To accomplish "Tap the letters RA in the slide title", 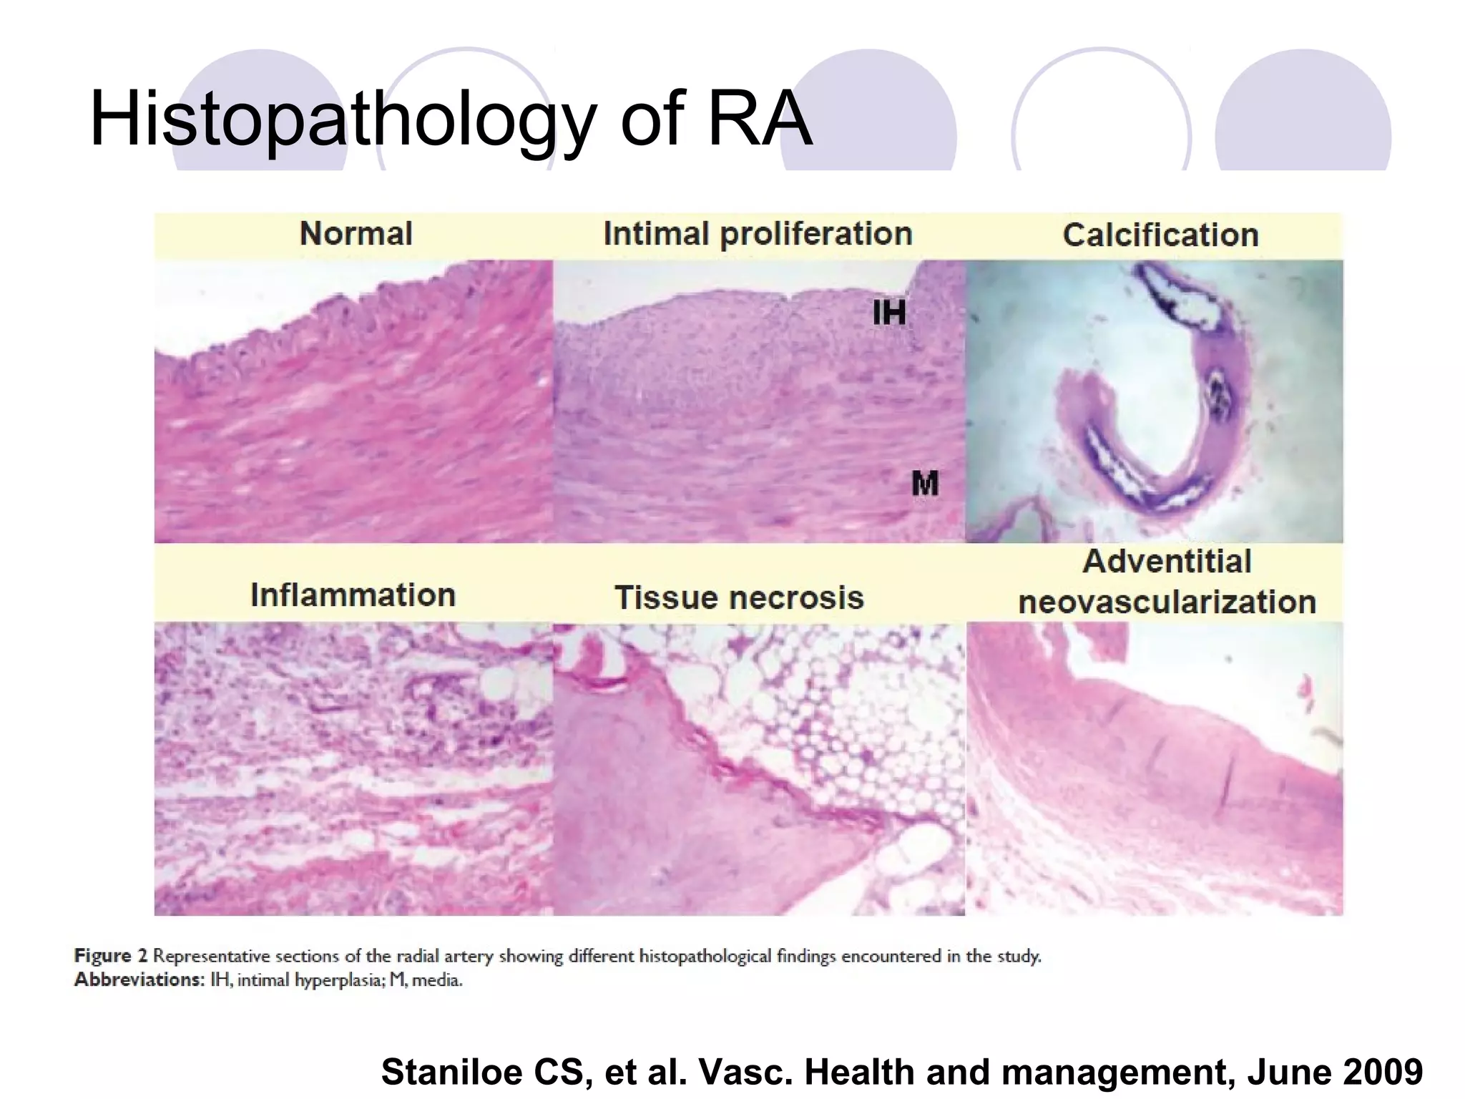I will pyautogui.click(x=760, y=119).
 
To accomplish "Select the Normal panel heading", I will pyautogui.click(x=356, y=233).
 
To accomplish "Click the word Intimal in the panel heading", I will pyautogui.click(x=656, y=233).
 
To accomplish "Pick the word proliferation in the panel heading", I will pyautogui.click(x=816, y=235).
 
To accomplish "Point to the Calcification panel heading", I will pyautogui.click(x=1160, y=235).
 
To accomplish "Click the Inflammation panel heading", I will pyautogui.click(x=353, y=595).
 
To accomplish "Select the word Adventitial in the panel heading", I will pyautogui.click(x=1167, y=561).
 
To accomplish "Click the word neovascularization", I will pyautogui.click(x=1167, y=602).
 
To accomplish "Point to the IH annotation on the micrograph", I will pyautogui.click(x=889, y=313).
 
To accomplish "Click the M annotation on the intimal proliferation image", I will pyautogui.click(x=924, y=484).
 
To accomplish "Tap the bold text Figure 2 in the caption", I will pyautogui.click(x=111, y=956).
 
